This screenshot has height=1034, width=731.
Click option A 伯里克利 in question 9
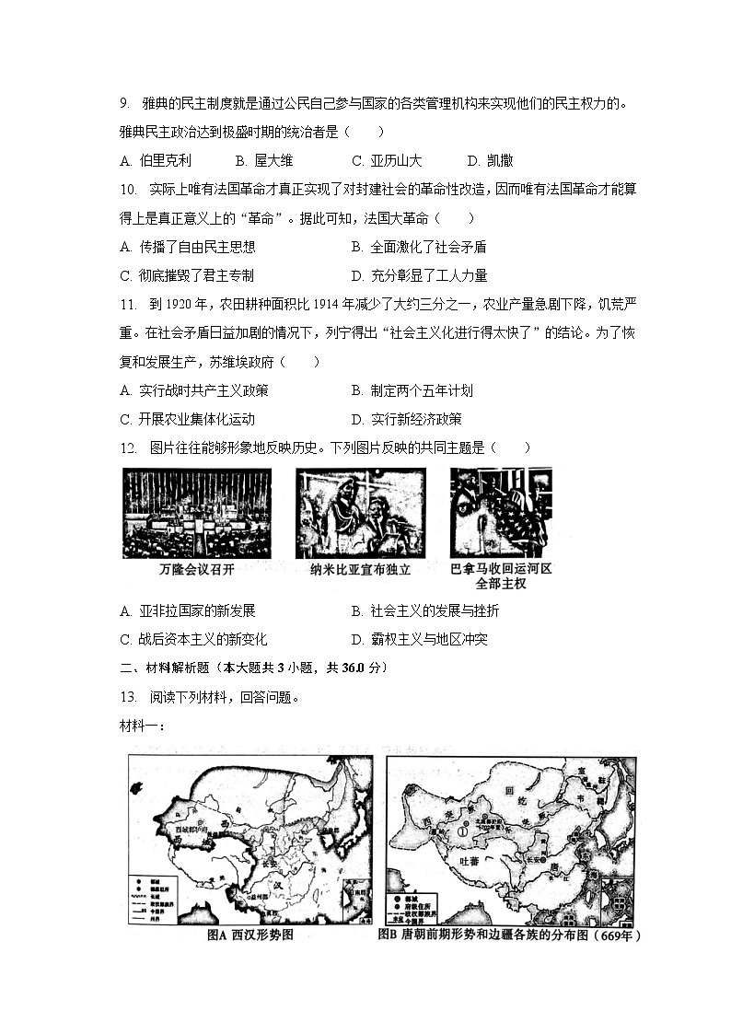click(156, 160)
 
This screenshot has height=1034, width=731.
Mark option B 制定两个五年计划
click(412, 390)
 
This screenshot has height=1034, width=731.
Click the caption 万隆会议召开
click(197, 570)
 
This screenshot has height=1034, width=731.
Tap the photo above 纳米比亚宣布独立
click(360, 512)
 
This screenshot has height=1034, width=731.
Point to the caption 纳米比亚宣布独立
click(360, 570)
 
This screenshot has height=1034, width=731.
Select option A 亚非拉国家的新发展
click(187, 610)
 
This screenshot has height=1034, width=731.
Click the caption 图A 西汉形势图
click(250, 935)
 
